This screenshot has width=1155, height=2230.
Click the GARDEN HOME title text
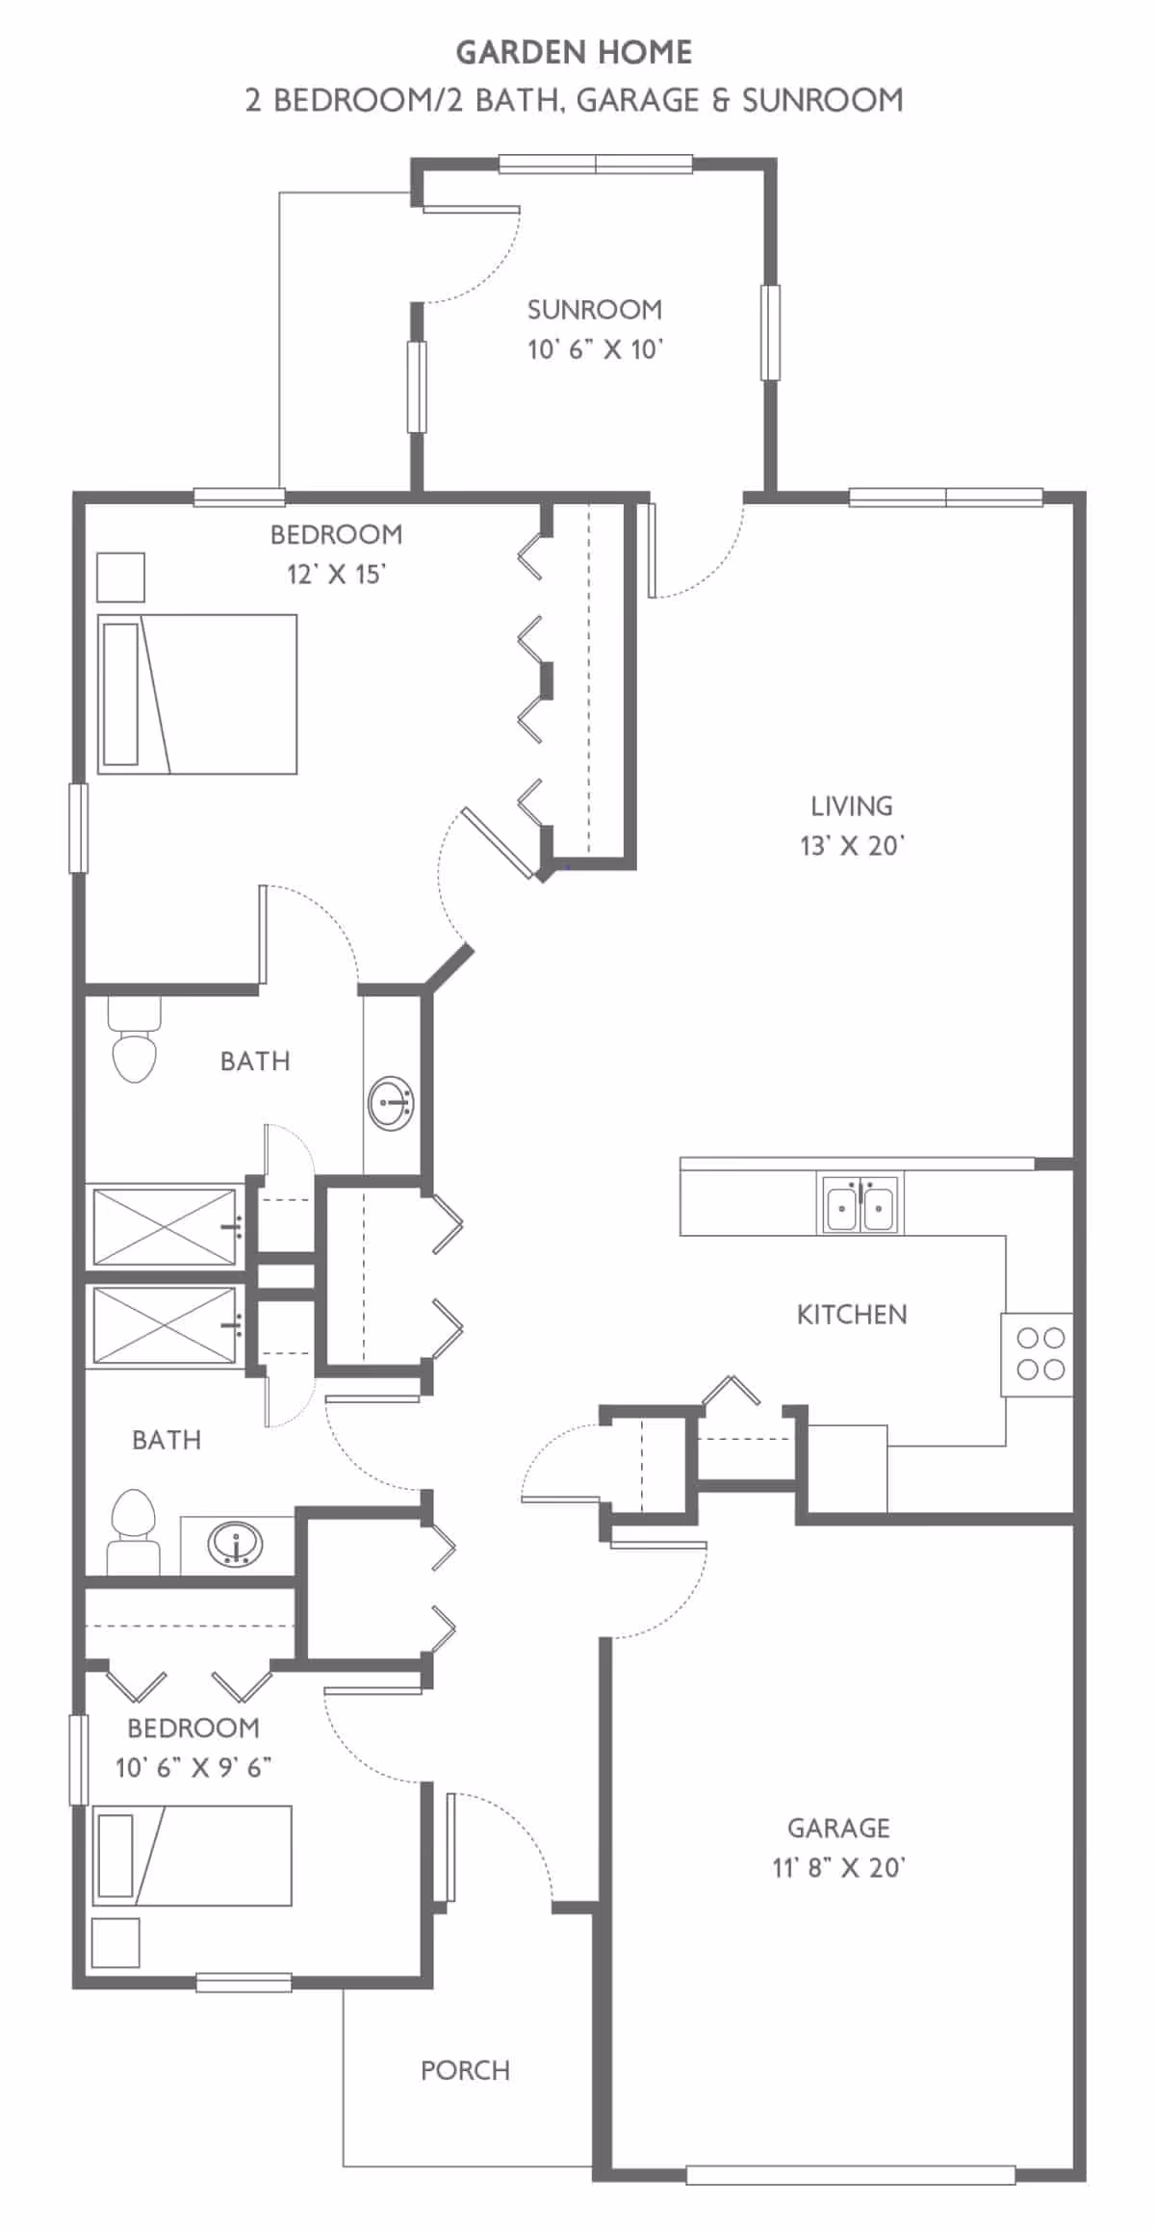pos(574,52)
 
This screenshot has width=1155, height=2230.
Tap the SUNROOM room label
pos(595,310)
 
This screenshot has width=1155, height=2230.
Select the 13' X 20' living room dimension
pos(852,846)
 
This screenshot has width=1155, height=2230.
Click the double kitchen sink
pos(860,1203)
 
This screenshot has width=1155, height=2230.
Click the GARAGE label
pos(838,1828)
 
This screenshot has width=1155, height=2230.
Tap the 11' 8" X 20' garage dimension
pos(838,1868)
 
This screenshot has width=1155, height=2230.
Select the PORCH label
pos(465,2070)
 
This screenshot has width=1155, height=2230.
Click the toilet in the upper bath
pos(134,1041)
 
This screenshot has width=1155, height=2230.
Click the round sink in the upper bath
pos(392,1104)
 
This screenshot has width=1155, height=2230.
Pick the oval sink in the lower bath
pos(236,1544)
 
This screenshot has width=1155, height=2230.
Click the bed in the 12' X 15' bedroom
pos(197,694)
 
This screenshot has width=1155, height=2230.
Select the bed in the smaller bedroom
pos(192,1855)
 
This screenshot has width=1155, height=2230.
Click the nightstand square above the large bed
pos(121,577)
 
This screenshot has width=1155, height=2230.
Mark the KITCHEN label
pos(852,1315)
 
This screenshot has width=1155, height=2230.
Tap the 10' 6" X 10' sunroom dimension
pos(595,349)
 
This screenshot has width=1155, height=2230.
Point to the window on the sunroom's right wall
pos(770,333)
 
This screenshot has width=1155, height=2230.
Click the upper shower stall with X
pos(166,1227)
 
